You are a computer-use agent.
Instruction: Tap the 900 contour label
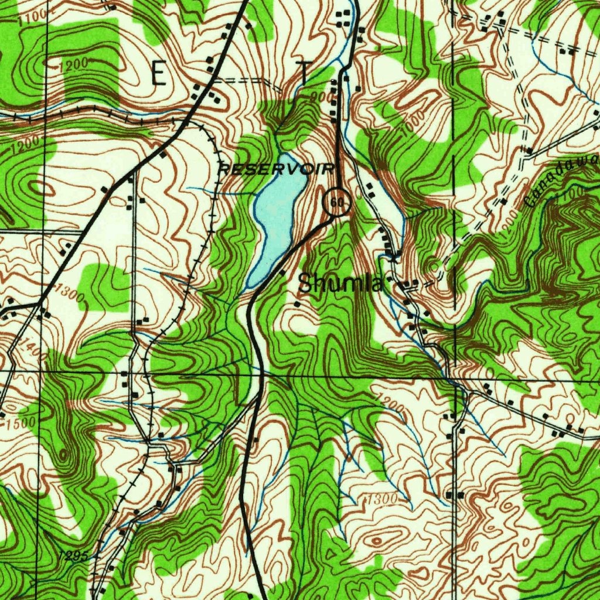click(x=321, y=96)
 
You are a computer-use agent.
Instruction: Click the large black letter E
click(x=159, y=74)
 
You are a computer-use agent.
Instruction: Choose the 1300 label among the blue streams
click(x=380, y=499)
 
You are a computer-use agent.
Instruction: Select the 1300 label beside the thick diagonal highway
click(x=72, y=296)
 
